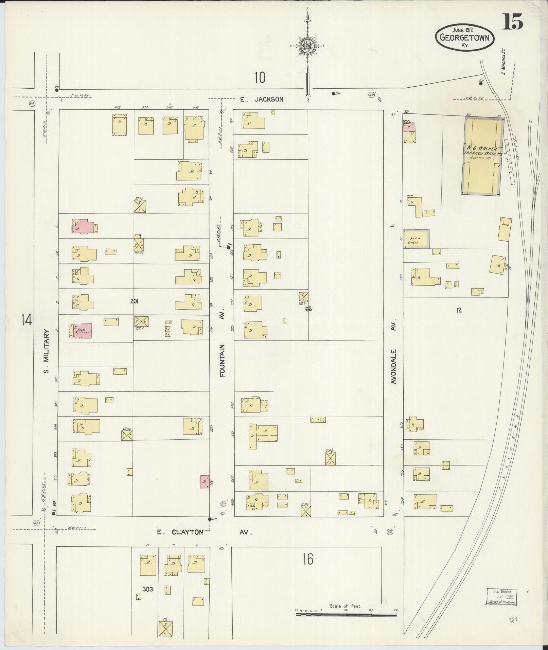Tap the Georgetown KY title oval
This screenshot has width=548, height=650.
pos(464,37)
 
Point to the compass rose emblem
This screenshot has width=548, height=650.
pos(308,46)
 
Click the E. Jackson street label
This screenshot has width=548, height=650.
pos(261,99)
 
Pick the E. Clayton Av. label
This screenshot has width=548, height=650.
pos(204,532)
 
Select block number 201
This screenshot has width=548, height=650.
pos(134,301)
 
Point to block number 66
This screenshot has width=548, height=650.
pos(308,309)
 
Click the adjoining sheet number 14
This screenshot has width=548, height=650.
pos(26,320)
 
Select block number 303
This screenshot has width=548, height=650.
pos(147,590)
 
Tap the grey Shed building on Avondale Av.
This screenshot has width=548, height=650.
pos(416,239)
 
